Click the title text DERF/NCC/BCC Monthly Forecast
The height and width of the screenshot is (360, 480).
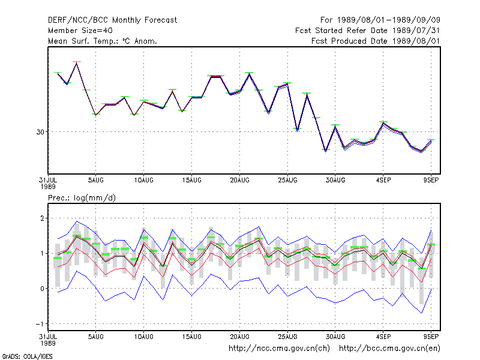point(112,20)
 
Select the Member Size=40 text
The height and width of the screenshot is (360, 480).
point(80,31)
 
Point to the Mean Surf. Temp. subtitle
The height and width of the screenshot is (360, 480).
point(103,41)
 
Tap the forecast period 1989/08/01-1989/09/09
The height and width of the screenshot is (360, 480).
point(380,20)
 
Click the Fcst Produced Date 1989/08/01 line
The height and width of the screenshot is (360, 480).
point(376,41)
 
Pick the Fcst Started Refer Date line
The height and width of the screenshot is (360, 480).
point(368,31)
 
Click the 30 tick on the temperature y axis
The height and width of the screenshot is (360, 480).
point(40,132)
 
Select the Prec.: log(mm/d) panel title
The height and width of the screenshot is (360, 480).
point(82,198)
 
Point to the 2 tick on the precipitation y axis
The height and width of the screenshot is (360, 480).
point(42,218)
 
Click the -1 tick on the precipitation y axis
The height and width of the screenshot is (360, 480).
point(40,324)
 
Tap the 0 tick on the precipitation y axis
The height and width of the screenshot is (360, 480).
point(42,289)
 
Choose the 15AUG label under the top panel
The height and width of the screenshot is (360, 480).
point(191,181)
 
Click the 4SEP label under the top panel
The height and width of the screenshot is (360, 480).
point(383,181)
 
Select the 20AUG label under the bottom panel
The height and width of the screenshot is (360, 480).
point(239,337)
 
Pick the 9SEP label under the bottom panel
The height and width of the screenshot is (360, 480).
point(431,337)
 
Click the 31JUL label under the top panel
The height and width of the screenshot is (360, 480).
point(48,181)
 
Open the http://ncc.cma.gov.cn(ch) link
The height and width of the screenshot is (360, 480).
point(279,349)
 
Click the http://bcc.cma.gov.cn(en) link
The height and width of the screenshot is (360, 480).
point(389,349)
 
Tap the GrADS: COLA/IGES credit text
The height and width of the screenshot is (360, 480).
point(27,356)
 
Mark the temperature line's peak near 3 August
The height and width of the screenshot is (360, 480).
point(77,63)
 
